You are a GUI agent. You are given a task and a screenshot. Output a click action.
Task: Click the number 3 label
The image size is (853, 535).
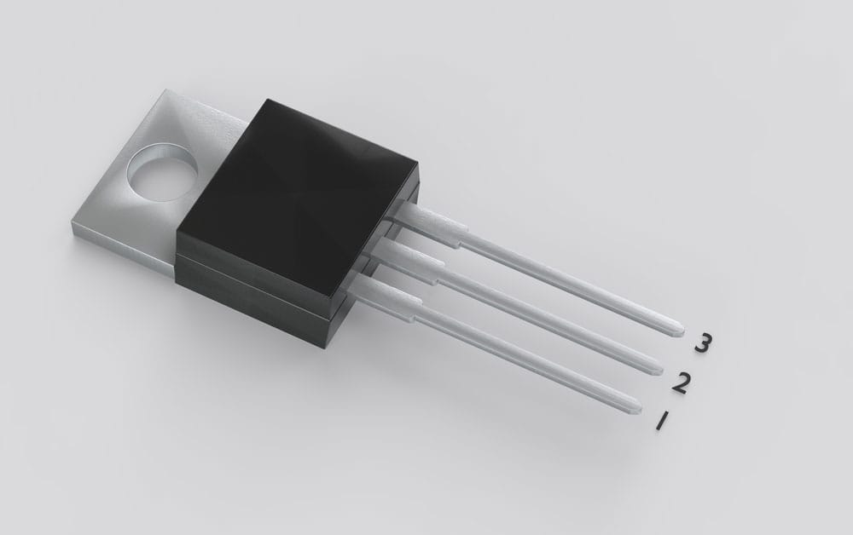(702, 343)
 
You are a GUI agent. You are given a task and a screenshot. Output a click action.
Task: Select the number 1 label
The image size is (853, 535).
(659, 420)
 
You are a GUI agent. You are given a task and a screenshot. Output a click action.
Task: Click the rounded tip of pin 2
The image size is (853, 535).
(656, 367)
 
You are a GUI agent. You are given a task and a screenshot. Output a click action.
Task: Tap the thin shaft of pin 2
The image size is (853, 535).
(546, 319)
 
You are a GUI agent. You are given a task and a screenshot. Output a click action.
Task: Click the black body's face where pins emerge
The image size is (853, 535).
(375, 256)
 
